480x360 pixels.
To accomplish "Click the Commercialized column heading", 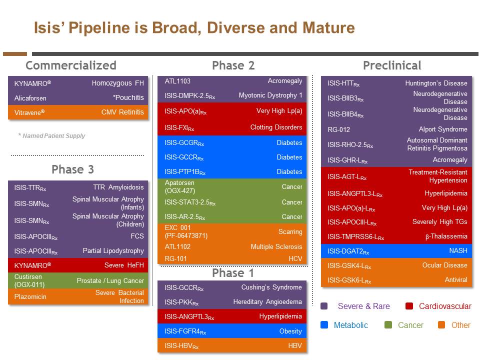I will [x=70, y=65].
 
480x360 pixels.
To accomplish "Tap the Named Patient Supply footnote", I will [x=51, y=135].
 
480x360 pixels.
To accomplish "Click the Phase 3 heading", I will [x=72, y=169].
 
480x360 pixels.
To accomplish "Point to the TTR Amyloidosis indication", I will [x=118, y=187].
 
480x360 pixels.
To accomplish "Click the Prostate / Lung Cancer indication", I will [x=110, y=280].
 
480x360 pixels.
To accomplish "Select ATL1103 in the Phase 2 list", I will [x=177, y=81].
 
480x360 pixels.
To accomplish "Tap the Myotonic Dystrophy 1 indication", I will [x=270, y=95].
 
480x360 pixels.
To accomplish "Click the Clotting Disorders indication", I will [x=276, y=127].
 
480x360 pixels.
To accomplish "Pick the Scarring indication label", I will [x=290, y=232].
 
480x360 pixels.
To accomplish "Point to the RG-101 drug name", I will [x=175, y=259].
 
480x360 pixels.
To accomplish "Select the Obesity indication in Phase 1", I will [x=290, y=331].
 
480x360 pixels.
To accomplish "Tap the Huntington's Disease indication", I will [x=436, y=83].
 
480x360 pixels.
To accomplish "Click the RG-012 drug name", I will [x=339, y=129].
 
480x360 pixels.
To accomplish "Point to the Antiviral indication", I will [x=456, y=280].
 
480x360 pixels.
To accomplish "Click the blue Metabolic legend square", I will [x=324, y=325].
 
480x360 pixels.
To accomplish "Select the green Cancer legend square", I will [x=388, y=325].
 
